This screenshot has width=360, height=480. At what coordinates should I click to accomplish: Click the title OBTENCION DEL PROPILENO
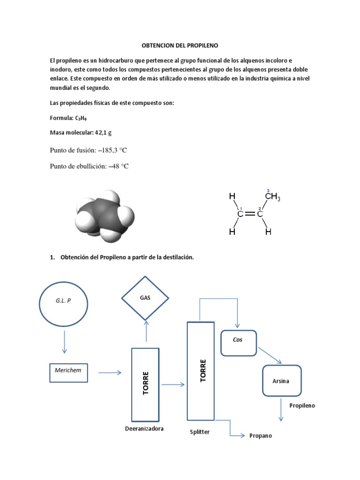[x=180, y=45]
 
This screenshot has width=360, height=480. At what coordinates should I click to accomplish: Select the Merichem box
[x=68, y=372]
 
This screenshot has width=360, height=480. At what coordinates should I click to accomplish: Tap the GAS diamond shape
[x=145, y=298]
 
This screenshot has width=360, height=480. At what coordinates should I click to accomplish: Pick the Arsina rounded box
[x=281, y=381]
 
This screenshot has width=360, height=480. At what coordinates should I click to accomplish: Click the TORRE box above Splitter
[x=201, y=371]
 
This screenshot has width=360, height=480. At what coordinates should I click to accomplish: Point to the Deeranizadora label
[x=144, y=429]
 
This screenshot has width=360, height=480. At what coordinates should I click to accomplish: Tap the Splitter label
[x=200, y=432]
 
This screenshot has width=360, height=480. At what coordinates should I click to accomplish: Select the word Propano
[x=261, y=435]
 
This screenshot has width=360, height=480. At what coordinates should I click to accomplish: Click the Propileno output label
[x=302, y=405]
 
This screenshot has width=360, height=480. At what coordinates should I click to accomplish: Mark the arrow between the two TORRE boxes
[x=173, y=385]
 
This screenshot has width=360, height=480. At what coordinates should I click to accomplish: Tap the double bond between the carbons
[x=249, y=214]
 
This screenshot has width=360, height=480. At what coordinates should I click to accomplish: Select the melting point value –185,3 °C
[x=112, y=150]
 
